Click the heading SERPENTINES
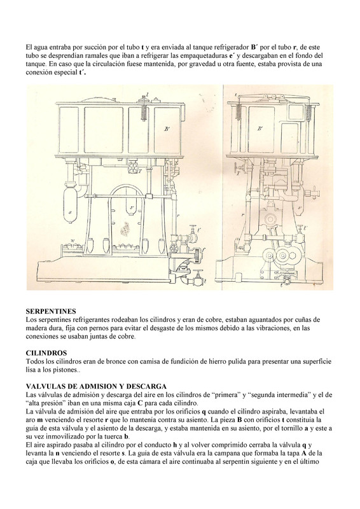(51, 311)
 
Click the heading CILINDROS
(46, 353)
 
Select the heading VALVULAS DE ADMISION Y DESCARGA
(96, 386)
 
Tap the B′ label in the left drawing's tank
(167, 129)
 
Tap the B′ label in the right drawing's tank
(260, 129)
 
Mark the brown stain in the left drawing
(124, 230)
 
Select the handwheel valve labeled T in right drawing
(238, 169)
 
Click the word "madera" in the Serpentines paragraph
(36, 328)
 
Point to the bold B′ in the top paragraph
(254, 47)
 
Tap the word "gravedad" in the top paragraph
(200, 64)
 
